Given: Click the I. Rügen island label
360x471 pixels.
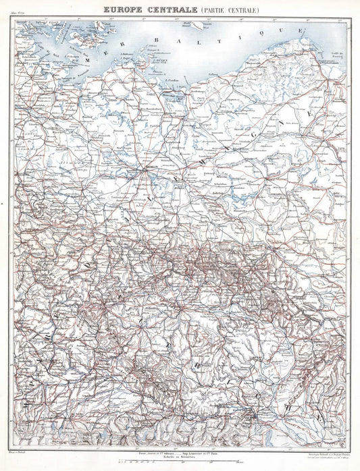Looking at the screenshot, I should (160, 59).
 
